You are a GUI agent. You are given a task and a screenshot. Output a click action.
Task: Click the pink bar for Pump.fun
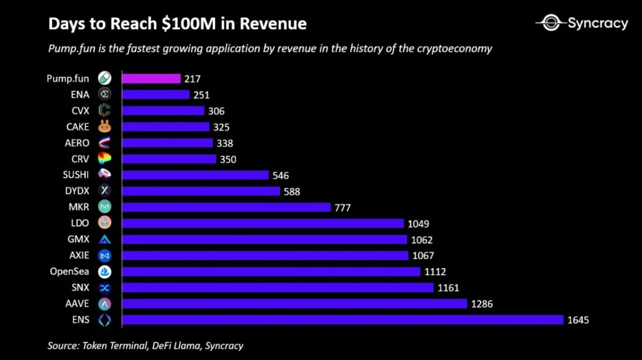pyautogui.click(x=151, y=78)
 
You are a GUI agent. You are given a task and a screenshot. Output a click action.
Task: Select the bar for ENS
pyautogui.click(x=342, y=320)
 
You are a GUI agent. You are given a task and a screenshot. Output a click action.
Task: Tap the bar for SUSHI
pyautogui.click(x=195, y=175)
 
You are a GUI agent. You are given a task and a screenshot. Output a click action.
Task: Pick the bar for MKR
pyautogui.click(x=225, y=207)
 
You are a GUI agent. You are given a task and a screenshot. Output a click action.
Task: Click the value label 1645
pyautogui.click(x=578, y=320)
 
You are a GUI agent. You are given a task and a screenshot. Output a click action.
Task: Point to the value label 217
pyautogui.click(x=193, y=78)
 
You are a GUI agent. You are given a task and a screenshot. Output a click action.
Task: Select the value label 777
pyautogui.click(x=343, y=207)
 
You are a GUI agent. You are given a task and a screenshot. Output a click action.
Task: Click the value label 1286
pyautogui.click(x=481, y=304)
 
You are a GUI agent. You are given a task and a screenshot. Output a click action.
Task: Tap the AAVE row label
pyautogui.click(x=77, y=304)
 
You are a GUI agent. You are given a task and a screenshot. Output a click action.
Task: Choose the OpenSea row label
pyautogui.click(x=69, y=272)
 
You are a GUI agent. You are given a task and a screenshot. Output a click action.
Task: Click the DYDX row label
pyautogui.click(x=77, y=191)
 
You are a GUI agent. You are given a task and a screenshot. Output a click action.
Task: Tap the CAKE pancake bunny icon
pyautogui.click(x=105, y=127)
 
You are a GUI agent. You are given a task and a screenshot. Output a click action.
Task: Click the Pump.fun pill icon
pyautogui.click(x=105, y=78)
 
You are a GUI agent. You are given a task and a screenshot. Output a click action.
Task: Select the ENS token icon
pyautogui.click(x=105, y=320)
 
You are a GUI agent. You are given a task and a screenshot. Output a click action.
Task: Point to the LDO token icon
pyautogui.click(x=105, y=223)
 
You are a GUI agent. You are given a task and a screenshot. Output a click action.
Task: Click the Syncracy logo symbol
pyautogui.click(x=551, y=23)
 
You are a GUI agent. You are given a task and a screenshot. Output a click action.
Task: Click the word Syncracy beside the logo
pyautogui.click(x=598, y=23)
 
